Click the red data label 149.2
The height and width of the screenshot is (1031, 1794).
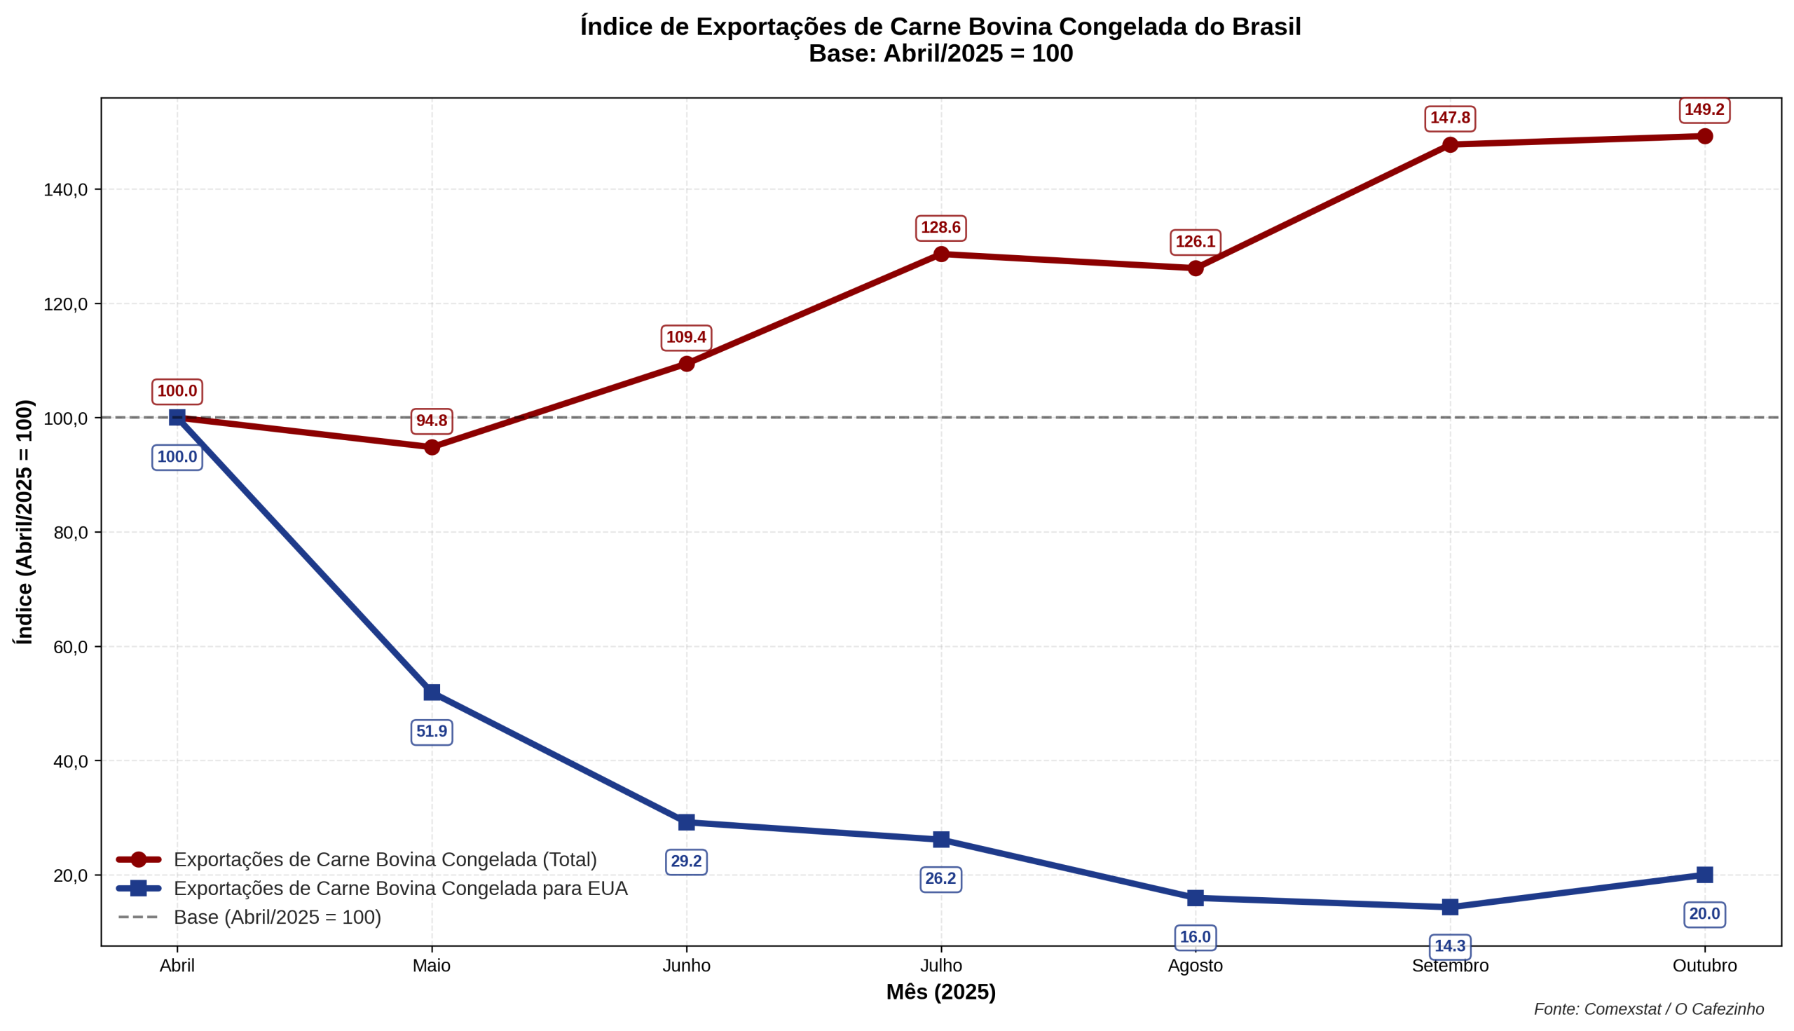click(1704, 111)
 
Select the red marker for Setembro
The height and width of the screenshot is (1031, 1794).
click(1450, 144)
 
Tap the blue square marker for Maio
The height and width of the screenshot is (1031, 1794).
click(432, 692)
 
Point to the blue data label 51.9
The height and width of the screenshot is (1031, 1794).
click(432, 732)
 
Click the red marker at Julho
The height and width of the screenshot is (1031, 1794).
click(941, 254)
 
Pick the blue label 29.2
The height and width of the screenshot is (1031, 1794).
click(686, 862)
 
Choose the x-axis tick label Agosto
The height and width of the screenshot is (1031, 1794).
click(1195, 966)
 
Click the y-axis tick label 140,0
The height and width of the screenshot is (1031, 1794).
click(66, 190)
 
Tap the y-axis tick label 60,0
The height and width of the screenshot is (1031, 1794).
click(71, 647)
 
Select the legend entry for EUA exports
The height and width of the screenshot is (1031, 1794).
click(400, 889)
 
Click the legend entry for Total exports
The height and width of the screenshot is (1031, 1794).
click(385, 860)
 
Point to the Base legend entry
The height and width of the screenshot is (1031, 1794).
click(277, 917)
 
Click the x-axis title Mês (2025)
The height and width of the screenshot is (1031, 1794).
click(941, 992)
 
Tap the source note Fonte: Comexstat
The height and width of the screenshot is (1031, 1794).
click(1649, 1009)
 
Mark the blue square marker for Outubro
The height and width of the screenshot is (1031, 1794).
click(1705, 875)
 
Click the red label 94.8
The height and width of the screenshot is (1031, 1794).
click(432, 421)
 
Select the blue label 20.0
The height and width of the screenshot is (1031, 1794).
click(1704, 914)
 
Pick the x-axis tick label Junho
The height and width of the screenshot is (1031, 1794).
click(686, 966)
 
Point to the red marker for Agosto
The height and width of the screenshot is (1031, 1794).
click(1195, 268)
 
